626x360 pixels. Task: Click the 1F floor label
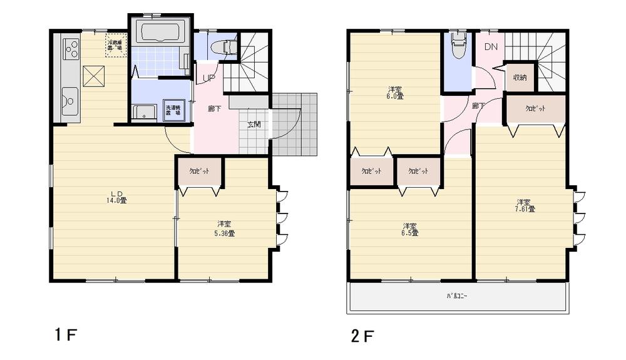click(64, 336)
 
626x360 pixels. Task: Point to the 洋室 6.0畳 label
click(394, 93)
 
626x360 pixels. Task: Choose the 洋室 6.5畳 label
click(410, 229)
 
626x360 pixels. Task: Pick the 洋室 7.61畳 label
click(525, 205)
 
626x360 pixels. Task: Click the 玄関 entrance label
click(254, 125)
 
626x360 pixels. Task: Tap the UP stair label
click(207, 78)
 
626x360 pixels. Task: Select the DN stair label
click(490, 47)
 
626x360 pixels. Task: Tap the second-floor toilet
click(458, 45)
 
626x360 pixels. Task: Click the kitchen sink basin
click(69, 99)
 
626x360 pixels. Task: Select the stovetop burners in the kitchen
click(71, 48)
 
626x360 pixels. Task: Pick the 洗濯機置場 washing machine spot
click(173, 110)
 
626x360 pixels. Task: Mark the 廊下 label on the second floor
click(479, 106)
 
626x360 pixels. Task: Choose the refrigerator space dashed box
click(116, 45)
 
